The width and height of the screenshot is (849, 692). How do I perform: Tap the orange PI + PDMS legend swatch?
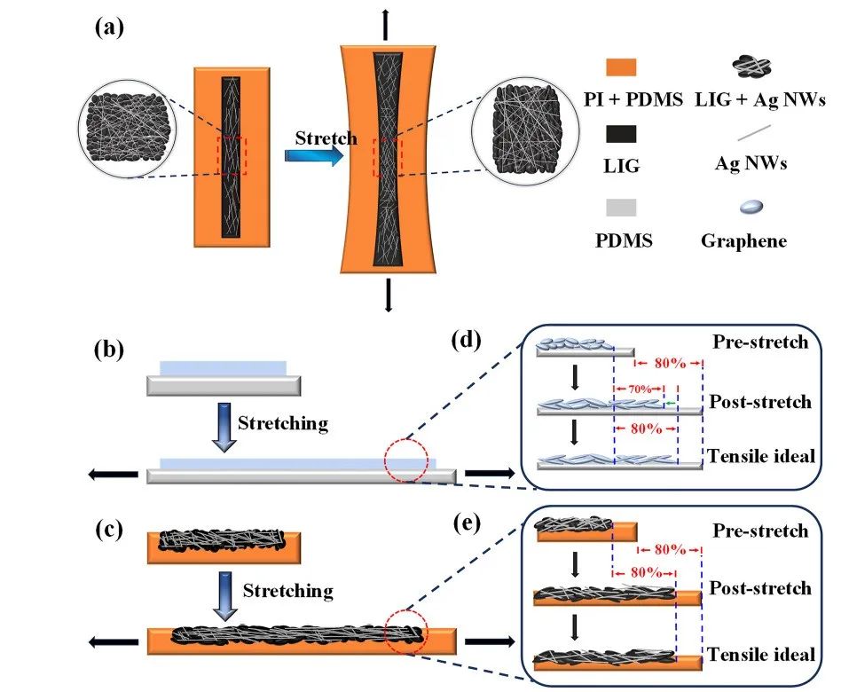click(620, 67)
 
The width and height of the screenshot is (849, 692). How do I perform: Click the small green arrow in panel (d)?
click(670, 404)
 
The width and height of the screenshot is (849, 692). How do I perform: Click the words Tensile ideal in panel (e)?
click(760, 655)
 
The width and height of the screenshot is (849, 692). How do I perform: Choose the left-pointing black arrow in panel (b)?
click(114, 475)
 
